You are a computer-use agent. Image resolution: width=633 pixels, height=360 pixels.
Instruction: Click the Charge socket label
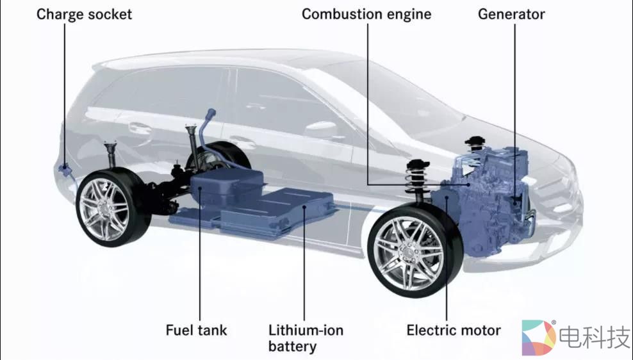pyautogui.click(x=84, y=15)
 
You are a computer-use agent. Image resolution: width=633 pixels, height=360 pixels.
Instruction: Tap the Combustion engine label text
pyautogui.click(x=366, y=15)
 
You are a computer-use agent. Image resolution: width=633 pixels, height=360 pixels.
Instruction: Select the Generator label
pyautogui.click(x=511, y=14)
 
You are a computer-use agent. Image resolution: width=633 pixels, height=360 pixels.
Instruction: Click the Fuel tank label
pyautogui.click(x=196, y=330)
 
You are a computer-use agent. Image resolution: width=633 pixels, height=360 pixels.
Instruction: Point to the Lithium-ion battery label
pyautogui.click(x=306, y=338)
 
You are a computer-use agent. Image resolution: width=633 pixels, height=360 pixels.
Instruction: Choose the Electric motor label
pyautogui.click(x=454, y=330)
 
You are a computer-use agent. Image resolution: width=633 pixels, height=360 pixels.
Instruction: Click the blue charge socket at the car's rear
pyautogui.click(x=65, y=170)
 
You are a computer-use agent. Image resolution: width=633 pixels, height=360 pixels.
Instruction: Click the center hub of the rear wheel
pyautogui.click(x=106, y=208)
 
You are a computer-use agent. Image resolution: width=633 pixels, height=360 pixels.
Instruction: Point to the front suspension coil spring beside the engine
pyautogui.click(x=416, y=177)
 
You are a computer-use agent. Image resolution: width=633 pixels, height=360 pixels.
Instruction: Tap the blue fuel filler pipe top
pyautogui.click(x=211, y=114)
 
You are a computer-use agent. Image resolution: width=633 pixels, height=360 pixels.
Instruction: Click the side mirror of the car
pyautogui.click(x=322, y=129)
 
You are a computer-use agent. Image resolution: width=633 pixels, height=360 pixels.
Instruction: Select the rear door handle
pyautogui.click(x=140, y=127)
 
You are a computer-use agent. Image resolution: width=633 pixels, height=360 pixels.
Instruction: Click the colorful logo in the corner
pyautogui.click(x=538, y=338)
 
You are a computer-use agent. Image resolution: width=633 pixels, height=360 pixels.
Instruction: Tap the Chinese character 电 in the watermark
pyautogui.click(x=571, y=337)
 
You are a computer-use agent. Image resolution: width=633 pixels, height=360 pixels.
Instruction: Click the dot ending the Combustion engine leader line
pyautogui.click(x=468, y=184)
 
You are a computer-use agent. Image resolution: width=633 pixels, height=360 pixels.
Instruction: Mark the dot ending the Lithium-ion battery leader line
pyautogui.click(x=304, y=207)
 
